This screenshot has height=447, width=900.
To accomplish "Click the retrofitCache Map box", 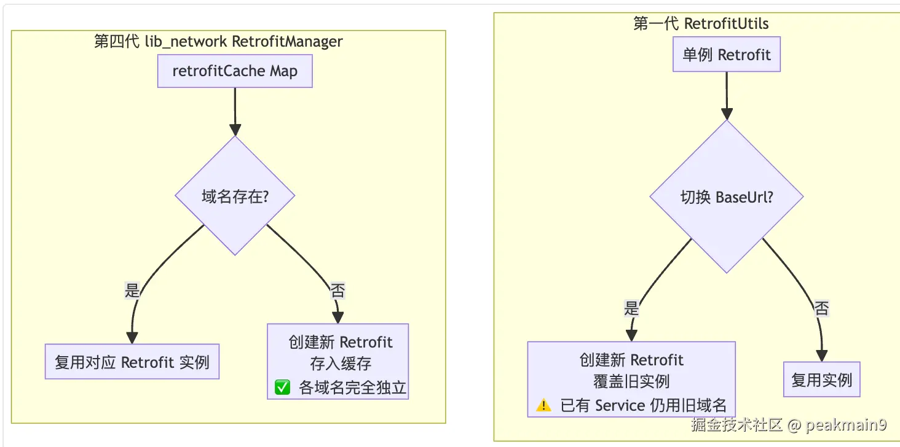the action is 235,71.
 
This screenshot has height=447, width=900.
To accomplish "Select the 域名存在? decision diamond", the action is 235,196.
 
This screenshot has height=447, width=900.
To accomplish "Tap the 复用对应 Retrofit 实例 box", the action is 132,362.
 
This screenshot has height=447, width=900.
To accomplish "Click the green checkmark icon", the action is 282,387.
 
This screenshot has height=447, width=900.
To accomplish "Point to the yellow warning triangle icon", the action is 543,405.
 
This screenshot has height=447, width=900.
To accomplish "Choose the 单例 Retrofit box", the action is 727,54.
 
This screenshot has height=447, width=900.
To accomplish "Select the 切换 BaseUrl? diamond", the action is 727,196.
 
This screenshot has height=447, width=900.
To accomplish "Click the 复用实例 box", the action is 822,379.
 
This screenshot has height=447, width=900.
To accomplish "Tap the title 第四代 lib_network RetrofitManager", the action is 218,41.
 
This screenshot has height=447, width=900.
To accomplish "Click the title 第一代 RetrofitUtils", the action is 701,24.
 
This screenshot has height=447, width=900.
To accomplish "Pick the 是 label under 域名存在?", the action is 132,290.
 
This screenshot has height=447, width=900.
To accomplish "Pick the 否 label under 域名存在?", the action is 337,290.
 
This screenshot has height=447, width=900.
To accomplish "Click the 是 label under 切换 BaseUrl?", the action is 631,308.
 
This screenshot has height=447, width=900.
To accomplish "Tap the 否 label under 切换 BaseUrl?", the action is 821,309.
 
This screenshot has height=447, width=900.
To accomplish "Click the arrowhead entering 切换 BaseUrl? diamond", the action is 727,114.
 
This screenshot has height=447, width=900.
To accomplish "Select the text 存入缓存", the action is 341,364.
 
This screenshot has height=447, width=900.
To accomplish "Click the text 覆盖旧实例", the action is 631,381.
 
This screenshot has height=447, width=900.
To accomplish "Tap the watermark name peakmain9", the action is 846,424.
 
